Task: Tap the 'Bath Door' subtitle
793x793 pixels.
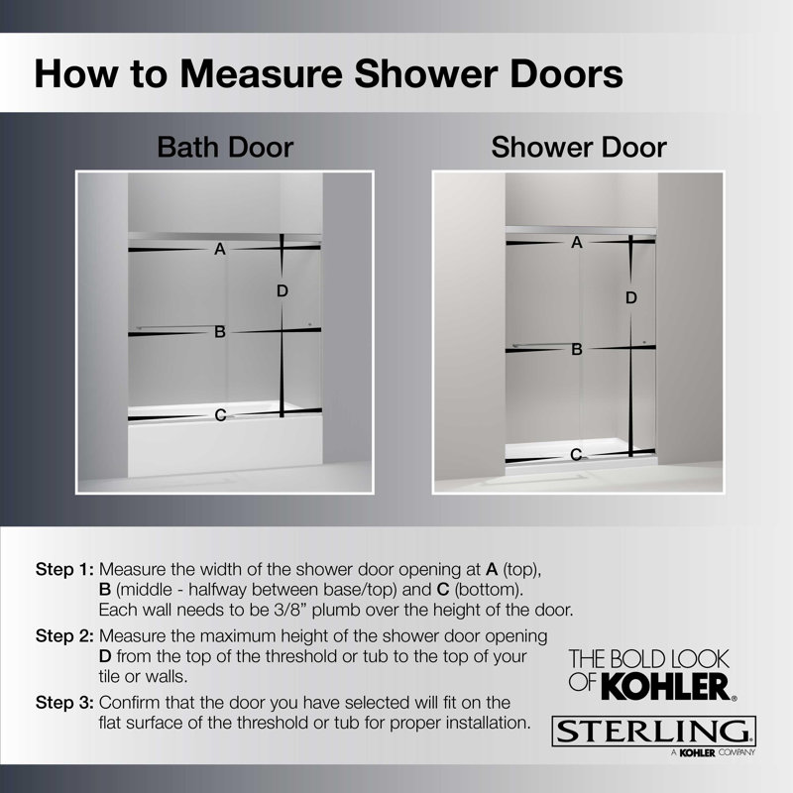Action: (226, 148)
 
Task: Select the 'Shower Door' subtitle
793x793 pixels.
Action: (579, 148)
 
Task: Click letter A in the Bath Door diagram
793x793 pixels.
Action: (220, 251)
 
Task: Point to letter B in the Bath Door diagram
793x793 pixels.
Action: (220, 333)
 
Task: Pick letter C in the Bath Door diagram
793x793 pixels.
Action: (220, 415)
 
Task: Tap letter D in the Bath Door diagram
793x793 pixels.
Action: (283, 290)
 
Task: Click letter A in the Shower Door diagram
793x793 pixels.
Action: (576, 242)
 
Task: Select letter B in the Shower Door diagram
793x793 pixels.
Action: (576, 349)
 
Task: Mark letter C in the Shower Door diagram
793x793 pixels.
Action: (576, 455)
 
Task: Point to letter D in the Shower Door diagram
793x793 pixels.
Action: (630, 297)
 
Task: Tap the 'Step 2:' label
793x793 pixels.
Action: (64, 633)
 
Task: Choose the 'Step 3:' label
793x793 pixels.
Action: (64, 703)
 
